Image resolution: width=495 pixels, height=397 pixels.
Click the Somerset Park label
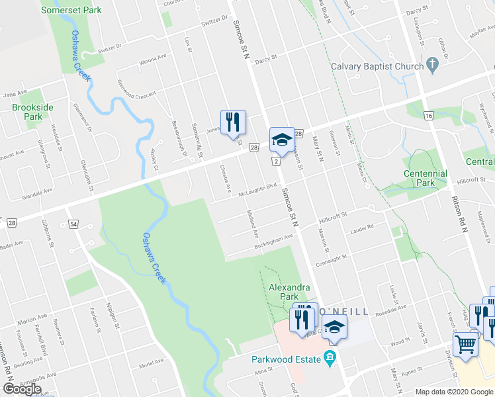coord(71,11)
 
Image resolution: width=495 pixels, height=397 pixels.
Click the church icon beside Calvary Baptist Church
coord(433,66)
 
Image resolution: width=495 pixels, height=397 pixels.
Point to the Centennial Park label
coord(426,178)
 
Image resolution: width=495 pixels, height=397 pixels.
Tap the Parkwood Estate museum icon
coord(330,360)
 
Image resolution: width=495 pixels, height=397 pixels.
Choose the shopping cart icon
coord(465,343)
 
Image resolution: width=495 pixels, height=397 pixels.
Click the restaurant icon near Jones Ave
coord(232,122)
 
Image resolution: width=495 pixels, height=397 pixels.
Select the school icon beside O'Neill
coord(336,327)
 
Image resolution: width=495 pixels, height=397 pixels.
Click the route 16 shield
coord(429,116)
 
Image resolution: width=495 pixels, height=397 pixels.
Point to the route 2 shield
coord(274,161)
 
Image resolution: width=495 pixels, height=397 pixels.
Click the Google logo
coord(22,389)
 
